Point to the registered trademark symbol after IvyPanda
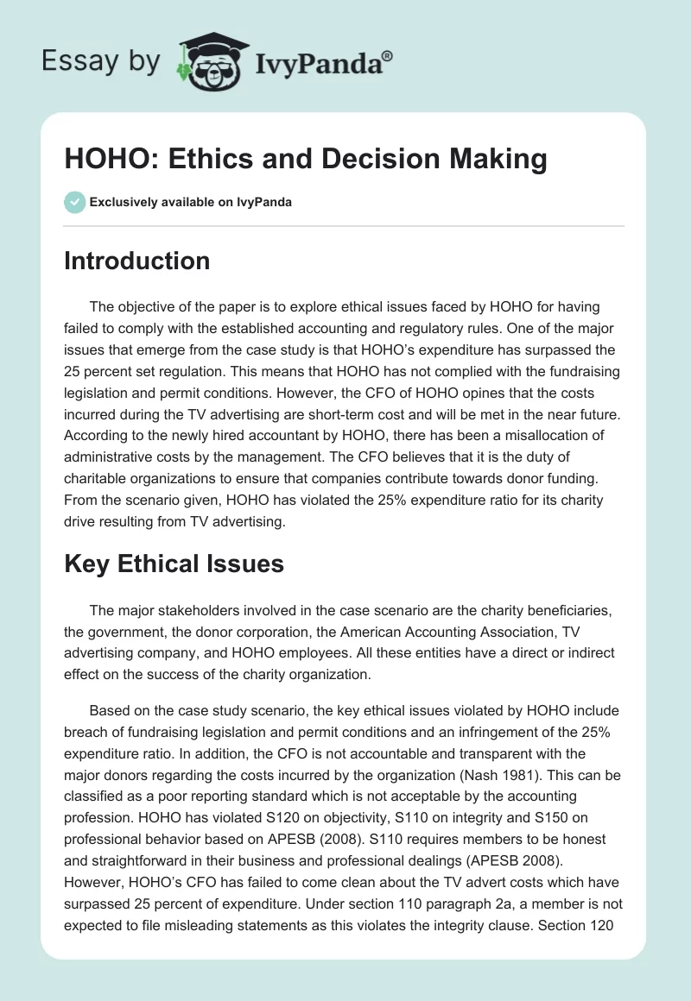(388, 54)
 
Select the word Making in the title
(494, 160)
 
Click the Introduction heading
(136, 261)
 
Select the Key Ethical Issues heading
(174, 563)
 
